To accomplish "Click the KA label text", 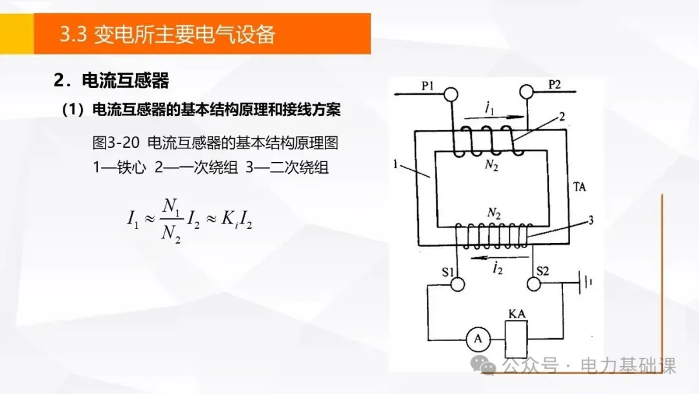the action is click(516, 314).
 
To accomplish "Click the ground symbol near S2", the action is click(586, 283).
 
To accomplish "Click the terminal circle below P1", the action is click(450, 95).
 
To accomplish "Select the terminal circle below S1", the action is click(458, 284).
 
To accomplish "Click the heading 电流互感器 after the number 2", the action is click(125, 81).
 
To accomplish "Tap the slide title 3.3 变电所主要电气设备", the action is click(167, 34).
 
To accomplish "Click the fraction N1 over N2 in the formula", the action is click(171, 220).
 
